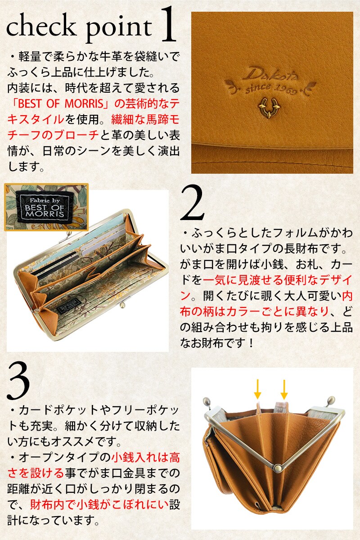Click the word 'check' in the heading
point(40,27)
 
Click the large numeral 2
point(193,203)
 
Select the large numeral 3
point(18,382)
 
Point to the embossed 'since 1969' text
point(270,88)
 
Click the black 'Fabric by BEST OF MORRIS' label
point(45,207)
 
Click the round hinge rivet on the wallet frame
point(278,468)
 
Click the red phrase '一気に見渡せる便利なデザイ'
point(278,279)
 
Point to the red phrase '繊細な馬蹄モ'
point(146,120)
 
